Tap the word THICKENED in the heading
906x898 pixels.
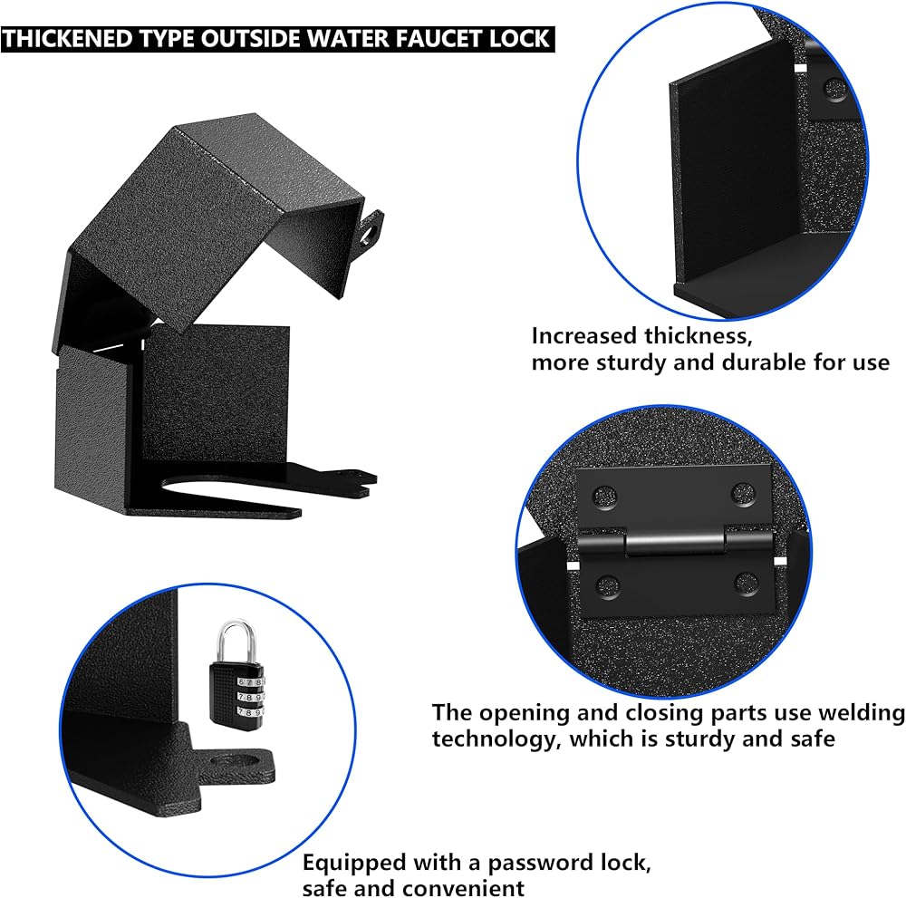69,39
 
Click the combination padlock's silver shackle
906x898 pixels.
236,640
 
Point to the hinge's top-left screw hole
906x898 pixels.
605,496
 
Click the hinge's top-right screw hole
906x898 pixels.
743,494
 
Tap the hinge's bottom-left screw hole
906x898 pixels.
608,585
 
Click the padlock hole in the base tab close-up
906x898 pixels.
236,762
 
